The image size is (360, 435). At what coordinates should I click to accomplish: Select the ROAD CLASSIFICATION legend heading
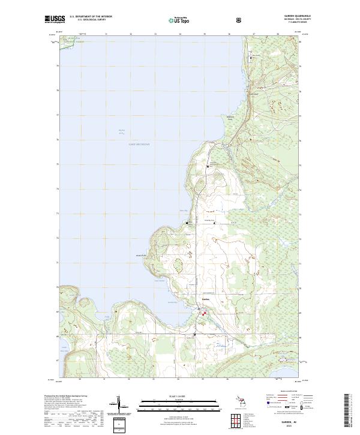(287, 394)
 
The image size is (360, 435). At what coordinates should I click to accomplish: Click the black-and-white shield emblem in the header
(240, 20)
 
